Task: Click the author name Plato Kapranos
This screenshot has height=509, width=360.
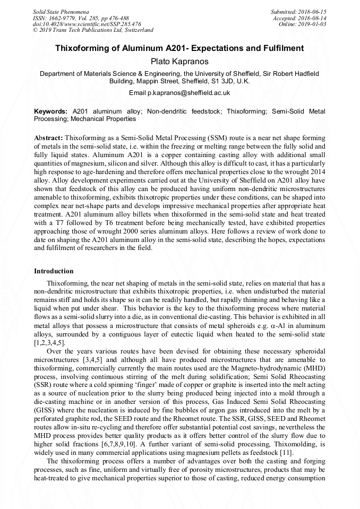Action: coord(179,62)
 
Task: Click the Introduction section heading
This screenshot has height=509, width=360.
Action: coord(54,271)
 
